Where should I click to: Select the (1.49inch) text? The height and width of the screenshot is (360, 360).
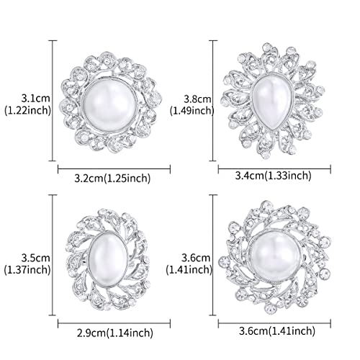(x=192, y=111)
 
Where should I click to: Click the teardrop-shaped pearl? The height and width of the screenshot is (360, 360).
(x=271, y=99)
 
